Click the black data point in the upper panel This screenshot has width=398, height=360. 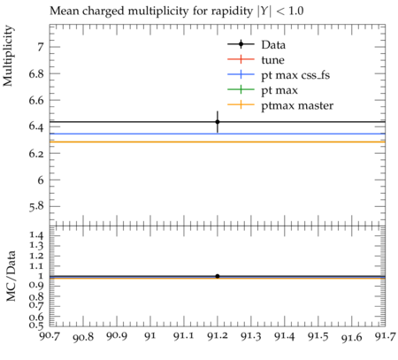[218, 122]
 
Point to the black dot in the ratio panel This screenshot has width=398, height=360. [218, 276]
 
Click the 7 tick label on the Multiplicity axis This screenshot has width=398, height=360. [41, 47]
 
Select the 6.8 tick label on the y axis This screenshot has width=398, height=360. [36, 73]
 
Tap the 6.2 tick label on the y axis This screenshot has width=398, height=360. [36, 153]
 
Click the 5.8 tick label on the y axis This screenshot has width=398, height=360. [36, 207]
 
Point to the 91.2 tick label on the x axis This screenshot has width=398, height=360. [218, 336]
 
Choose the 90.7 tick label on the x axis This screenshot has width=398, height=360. [50, 335]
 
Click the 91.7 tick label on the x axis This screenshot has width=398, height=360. [385, 336]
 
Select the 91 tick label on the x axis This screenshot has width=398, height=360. [150, 336]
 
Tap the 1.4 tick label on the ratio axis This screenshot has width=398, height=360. [36, 235]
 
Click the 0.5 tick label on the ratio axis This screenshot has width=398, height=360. [36, 325]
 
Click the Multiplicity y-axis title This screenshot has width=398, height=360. [8, 56]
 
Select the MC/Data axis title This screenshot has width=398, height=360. [11, 276]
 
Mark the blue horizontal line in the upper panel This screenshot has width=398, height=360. [218, 134]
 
